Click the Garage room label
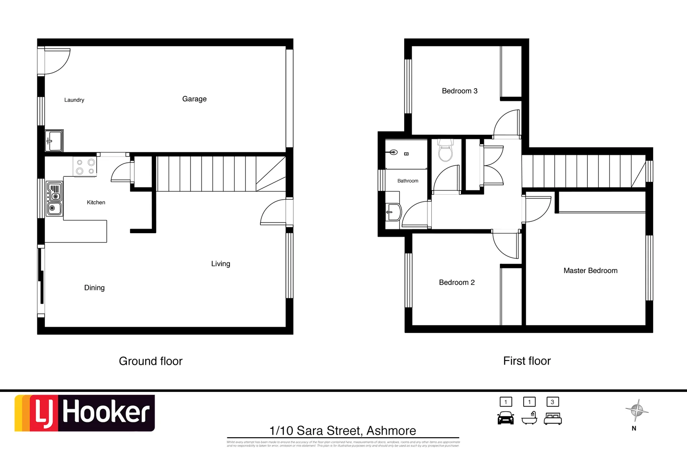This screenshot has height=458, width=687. [x=194, y=99]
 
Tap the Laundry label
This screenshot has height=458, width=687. [x=74, y=100]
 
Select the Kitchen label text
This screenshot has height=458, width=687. [x=96, y=202]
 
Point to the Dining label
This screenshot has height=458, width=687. [x=94, y=288]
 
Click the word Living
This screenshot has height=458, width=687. [x=221, y=264]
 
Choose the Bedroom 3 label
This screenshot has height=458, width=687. [x=459, y=91]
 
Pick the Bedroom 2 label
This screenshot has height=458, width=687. [x=457, y=282]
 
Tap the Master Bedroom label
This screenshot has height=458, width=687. [x=590, y=271]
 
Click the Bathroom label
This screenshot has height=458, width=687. [x=408, y=181]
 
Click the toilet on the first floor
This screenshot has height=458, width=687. [x=445, y=151]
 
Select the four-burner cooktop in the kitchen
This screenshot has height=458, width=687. [x=85, y=166]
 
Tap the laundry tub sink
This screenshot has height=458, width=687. [x=54, y=140]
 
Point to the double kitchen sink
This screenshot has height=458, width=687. [x=54, y=198]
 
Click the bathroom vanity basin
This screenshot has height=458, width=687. [x=394, y=212]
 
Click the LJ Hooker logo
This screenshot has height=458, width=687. [x=85, y=413]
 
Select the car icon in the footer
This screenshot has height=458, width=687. [x=505, y=418]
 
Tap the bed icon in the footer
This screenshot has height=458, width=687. [x=553, y=419]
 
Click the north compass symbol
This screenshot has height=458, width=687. [x=637, y=411]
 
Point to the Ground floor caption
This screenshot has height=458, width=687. [x=151, y=361]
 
